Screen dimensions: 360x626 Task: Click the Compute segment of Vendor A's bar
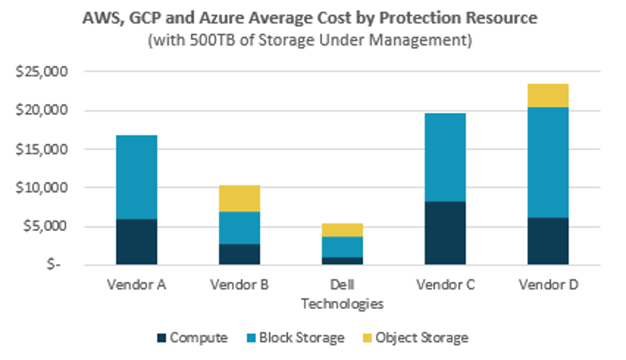tap(136, 241)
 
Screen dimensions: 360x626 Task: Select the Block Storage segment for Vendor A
tap(136, 177)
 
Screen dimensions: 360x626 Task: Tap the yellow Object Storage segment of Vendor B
tap(239, 198)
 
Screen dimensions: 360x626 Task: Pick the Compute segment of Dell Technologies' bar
tap(342, 261)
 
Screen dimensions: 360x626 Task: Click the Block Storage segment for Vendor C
tap(445, 157)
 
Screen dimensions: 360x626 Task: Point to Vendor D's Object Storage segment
tap(547, 95)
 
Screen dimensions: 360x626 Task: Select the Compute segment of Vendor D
tap(547, 240)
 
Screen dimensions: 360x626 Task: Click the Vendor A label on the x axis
tap(136, 285)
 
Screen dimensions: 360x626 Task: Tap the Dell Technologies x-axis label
tap(342, 294)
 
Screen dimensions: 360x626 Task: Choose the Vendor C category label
tap(445, 285)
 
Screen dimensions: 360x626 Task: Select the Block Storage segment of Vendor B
tap(239, 228)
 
